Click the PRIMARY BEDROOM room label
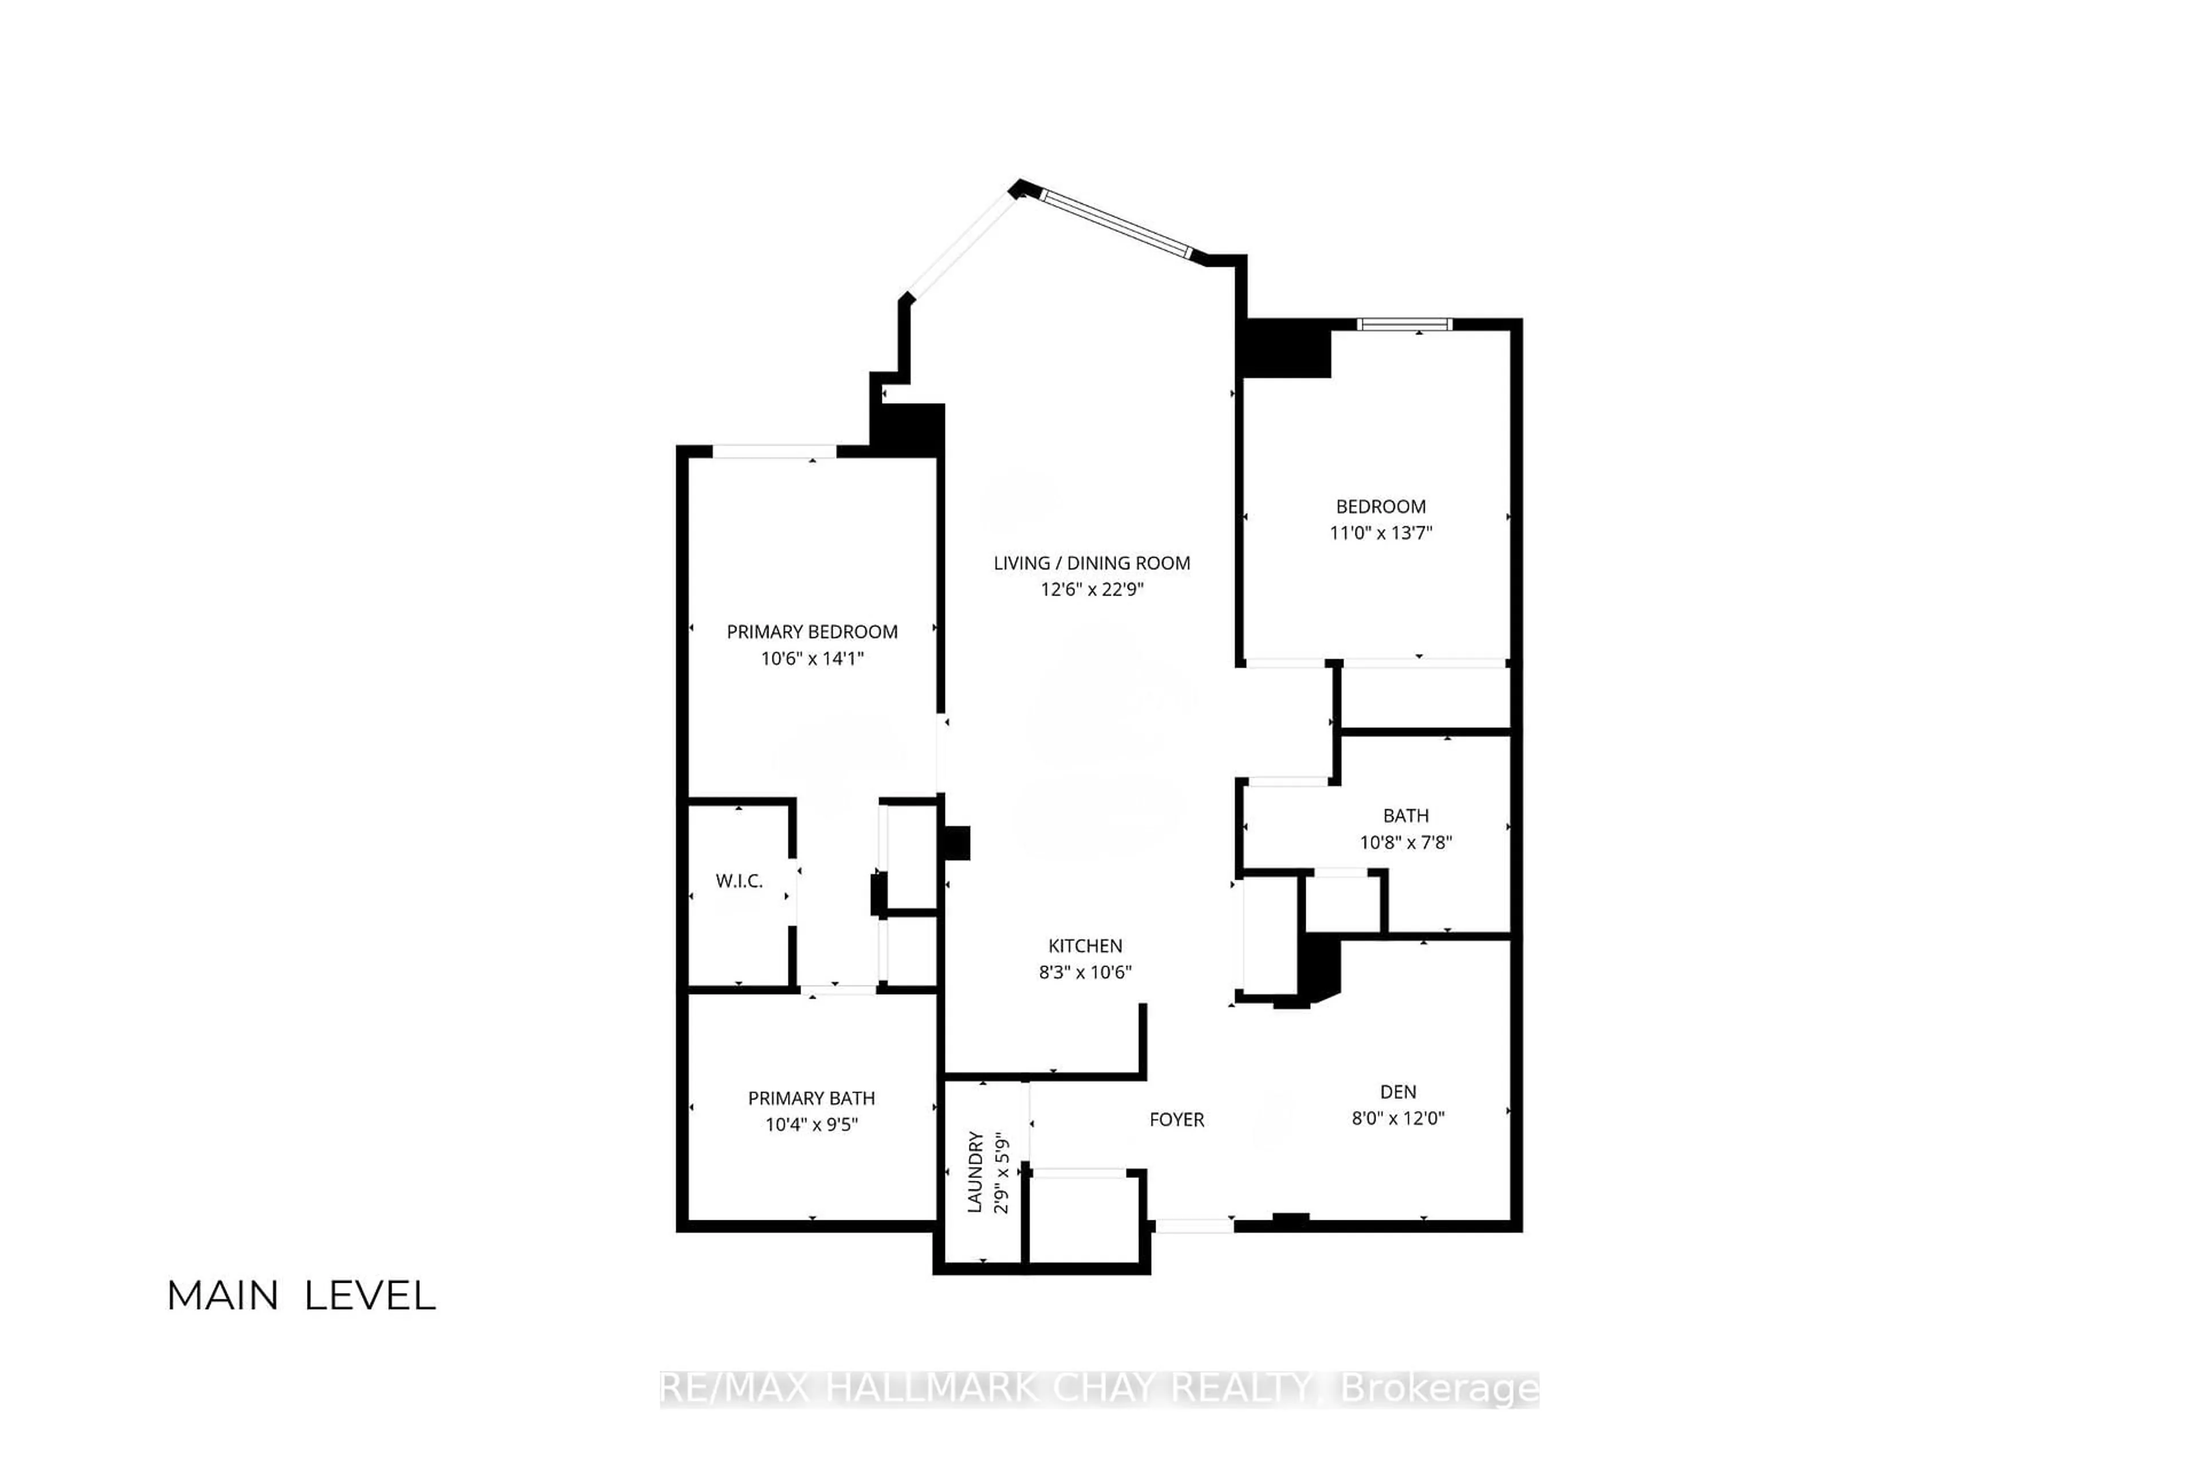click(811, 632)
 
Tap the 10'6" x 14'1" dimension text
click(811, 658)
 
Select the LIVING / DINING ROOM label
click(1091, 563)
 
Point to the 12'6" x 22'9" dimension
click(1091, 589)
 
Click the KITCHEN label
click(1085, 945)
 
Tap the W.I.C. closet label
click(739, 881)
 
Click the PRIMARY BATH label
click(811, 1098)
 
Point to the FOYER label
click(1176, 1119)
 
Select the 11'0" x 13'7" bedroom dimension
click(1381, 533)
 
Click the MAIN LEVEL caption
click(301, 1296)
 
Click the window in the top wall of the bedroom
click(1404, 325)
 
